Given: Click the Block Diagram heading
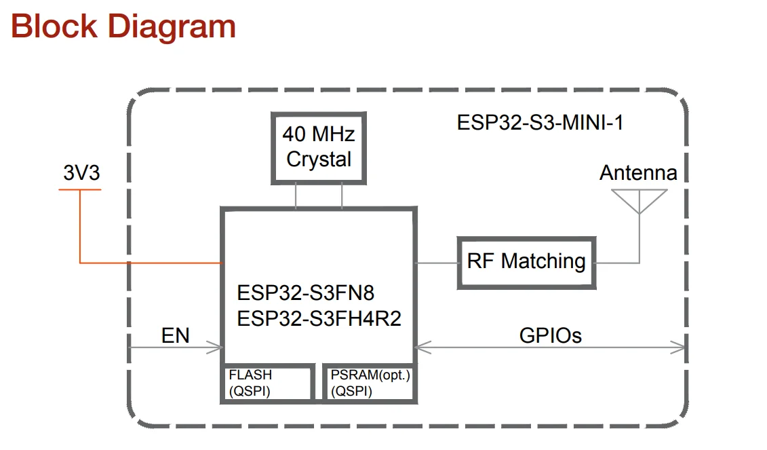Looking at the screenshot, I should coord(123,26).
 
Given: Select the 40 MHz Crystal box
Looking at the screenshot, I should coord(318,147).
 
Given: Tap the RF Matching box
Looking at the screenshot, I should coord(526,261).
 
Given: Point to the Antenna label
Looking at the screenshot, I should coord(638,173).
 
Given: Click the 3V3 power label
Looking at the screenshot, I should coord(81,173).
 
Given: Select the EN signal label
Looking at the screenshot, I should coord(175,335).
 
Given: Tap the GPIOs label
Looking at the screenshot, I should coord(550,335).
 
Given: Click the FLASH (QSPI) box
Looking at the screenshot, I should coord(269,383).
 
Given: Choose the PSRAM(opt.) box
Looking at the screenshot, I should coord(369,383).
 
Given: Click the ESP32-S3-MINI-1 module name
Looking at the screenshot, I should coord(540,123).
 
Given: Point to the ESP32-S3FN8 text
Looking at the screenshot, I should coord(306,293).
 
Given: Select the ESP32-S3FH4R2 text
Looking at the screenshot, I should coord(319,318).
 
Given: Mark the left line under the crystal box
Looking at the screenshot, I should coord(296,196).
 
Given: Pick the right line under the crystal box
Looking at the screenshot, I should coord(342,196).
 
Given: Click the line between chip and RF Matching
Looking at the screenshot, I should coord(436,263).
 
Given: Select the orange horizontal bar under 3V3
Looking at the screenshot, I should coord(80,189).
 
